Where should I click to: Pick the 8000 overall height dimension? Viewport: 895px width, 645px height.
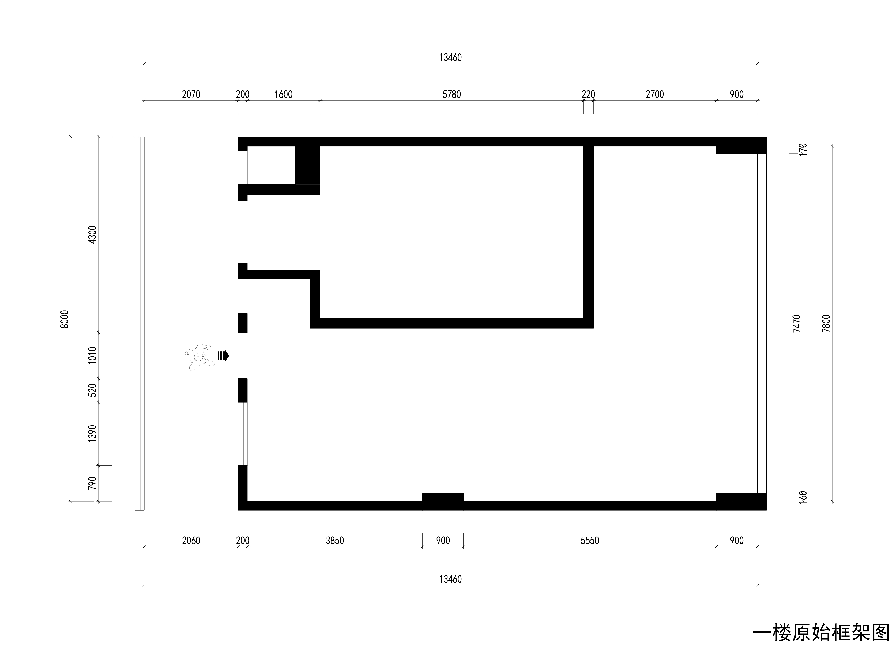[65, 319]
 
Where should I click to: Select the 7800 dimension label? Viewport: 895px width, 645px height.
[826, 324]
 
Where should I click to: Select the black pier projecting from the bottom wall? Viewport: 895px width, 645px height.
[443, 497]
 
